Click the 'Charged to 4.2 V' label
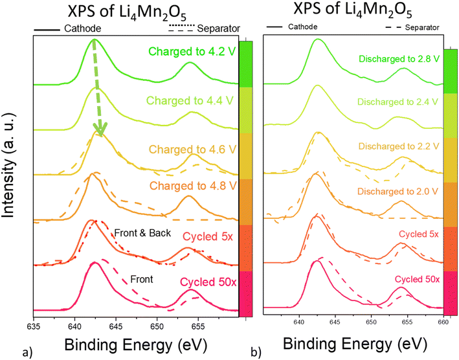192,52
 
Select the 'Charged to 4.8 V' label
193,186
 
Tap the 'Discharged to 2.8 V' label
399,59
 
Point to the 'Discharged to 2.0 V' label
397,192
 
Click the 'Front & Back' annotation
142,233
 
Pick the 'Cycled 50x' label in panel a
208,282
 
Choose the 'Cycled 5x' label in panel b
419,234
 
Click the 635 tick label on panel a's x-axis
34,326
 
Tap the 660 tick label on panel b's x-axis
443,322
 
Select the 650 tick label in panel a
157,326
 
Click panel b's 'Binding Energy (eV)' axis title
355,344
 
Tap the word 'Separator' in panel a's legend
218,28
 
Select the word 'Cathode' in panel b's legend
303,27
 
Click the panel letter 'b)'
256,353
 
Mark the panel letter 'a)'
27,353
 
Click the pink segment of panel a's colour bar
245,293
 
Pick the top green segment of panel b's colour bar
451,71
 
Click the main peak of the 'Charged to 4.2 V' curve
94,39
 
